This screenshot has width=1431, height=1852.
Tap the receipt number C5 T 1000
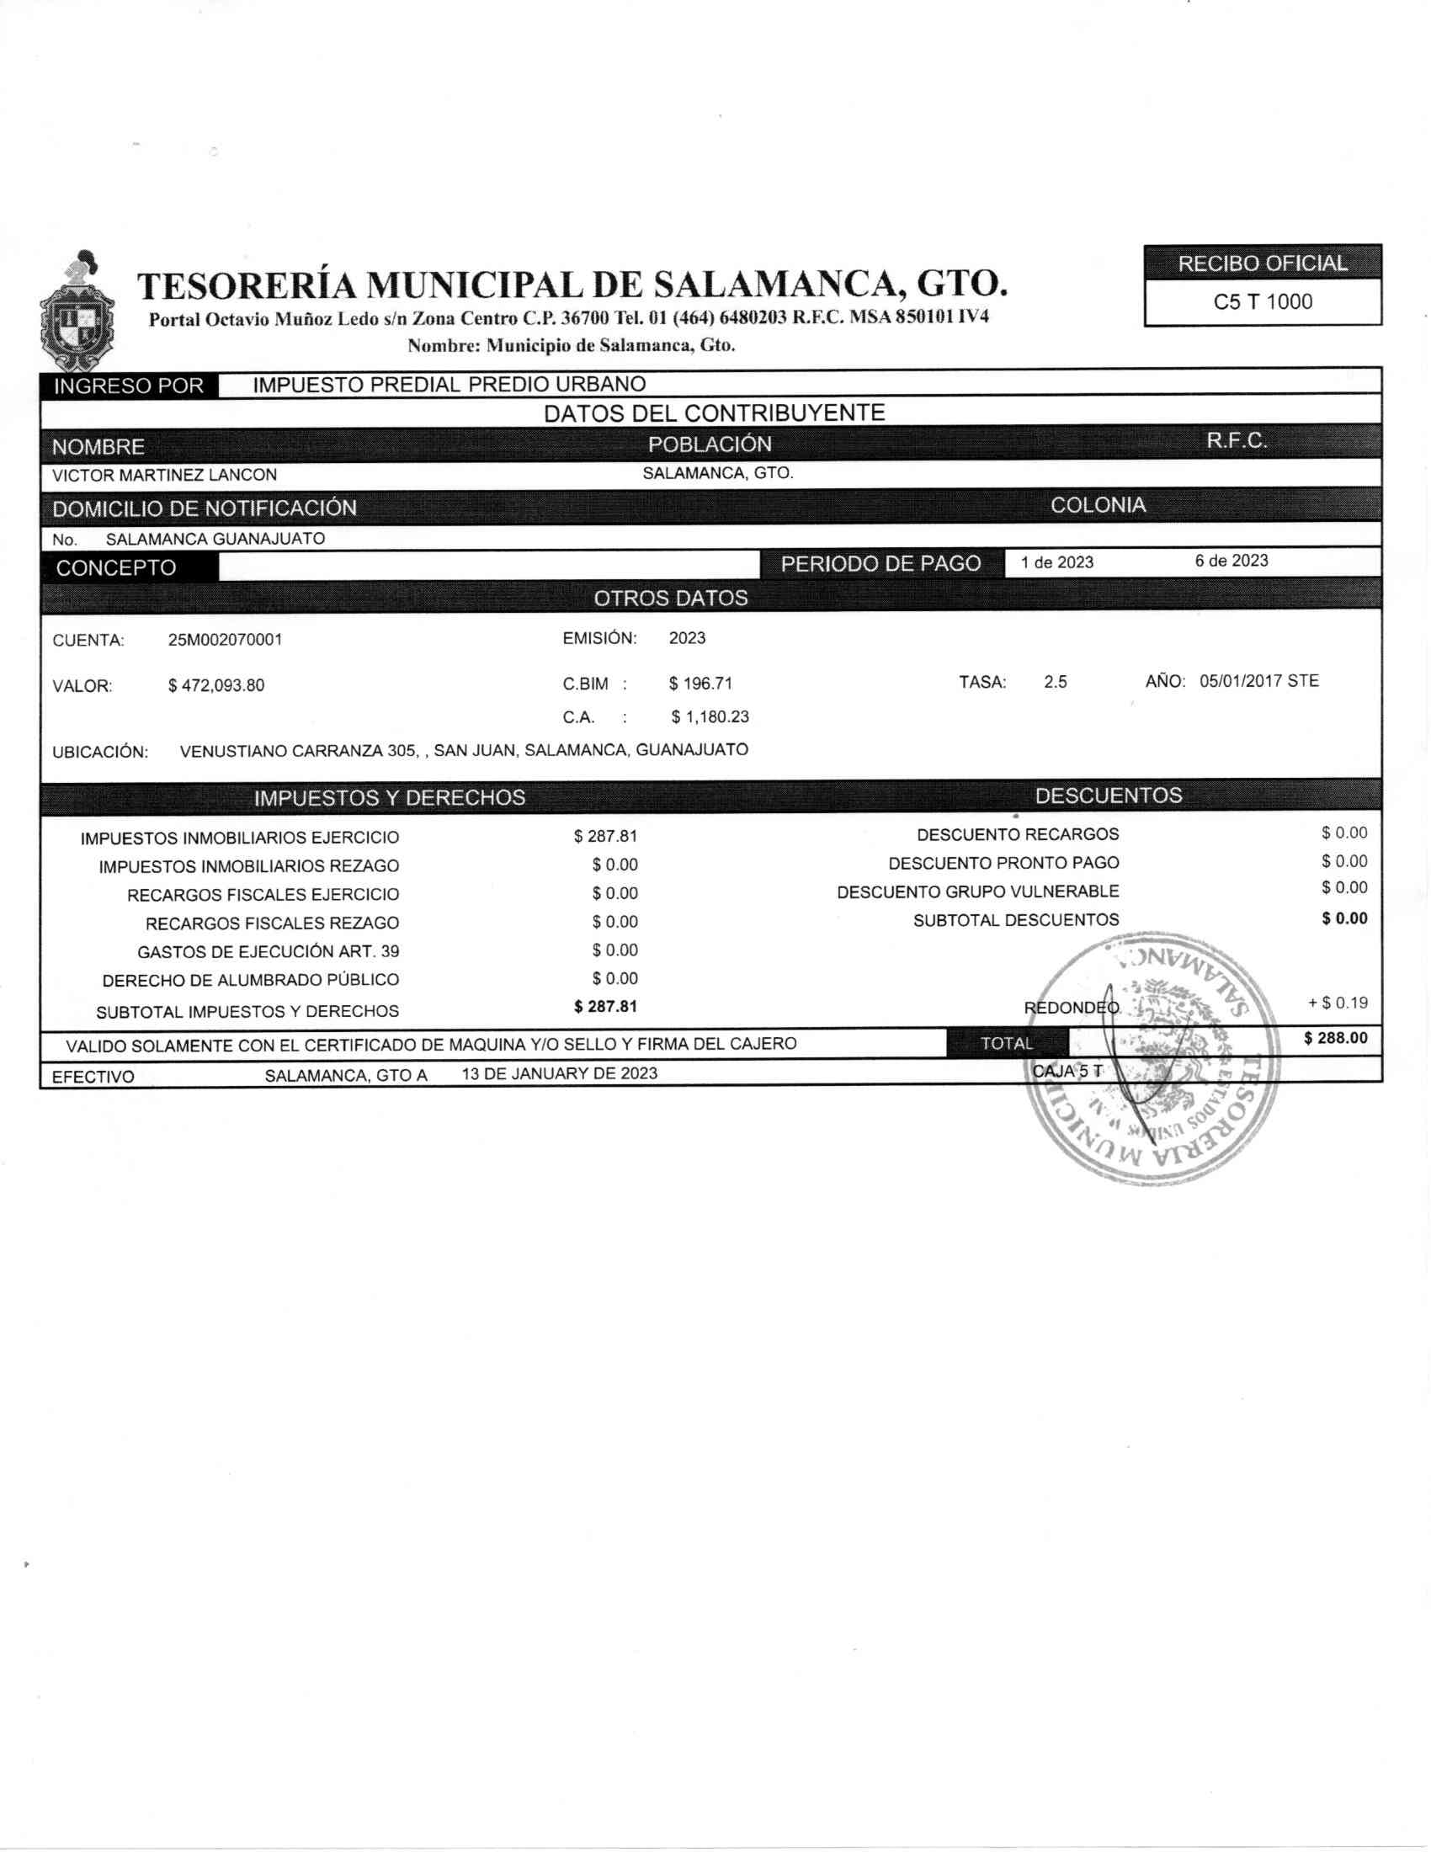tap(1263, 302)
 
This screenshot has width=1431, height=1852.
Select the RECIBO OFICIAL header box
tap(1263, 263)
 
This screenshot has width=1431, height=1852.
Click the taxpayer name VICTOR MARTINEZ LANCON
tap(164, 476)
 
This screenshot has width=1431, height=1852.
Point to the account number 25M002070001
tap(225, 641)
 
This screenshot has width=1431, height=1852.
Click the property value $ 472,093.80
tap(216, 685)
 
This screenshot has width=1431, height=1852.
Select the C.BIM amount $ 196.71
tap(700, 684)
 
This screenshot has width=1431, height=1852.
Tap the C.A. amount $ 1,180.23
tap(710, 716)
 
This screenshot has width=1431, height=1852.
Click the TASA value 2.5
tap(1056, 682)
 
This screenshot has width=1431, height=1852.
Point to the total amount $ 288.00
tap(1335, 1038)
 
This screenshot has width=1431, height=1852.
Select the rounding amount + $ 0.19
tap(1338, 1003)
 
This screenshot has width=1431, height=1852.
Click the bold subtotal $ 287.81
tap(605, 1007)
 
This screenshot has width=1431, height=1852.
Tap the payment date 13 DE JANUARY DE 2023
tap(560, 1073)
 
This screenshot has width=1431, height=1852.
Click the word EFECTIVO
tap(93, 1077)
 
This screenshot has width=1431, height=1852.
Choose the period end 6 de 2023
tap(1231, 561)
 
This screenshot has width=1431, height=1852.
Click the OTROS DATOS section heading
tap(671, 599)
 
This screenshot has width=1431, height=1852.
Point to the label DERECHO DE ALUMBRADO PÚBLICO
tap(250, 980)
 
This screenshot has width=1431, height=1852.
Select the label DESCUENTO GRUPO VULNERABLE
tap(977, 892)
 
